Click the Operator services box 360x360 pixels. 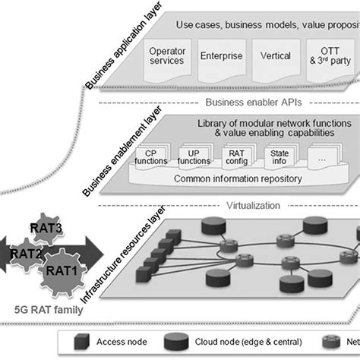166,55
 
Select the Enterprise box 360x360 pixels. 221,56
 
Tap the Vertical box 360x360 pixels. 275,56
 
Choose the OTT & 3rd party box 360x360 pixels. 328,55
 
